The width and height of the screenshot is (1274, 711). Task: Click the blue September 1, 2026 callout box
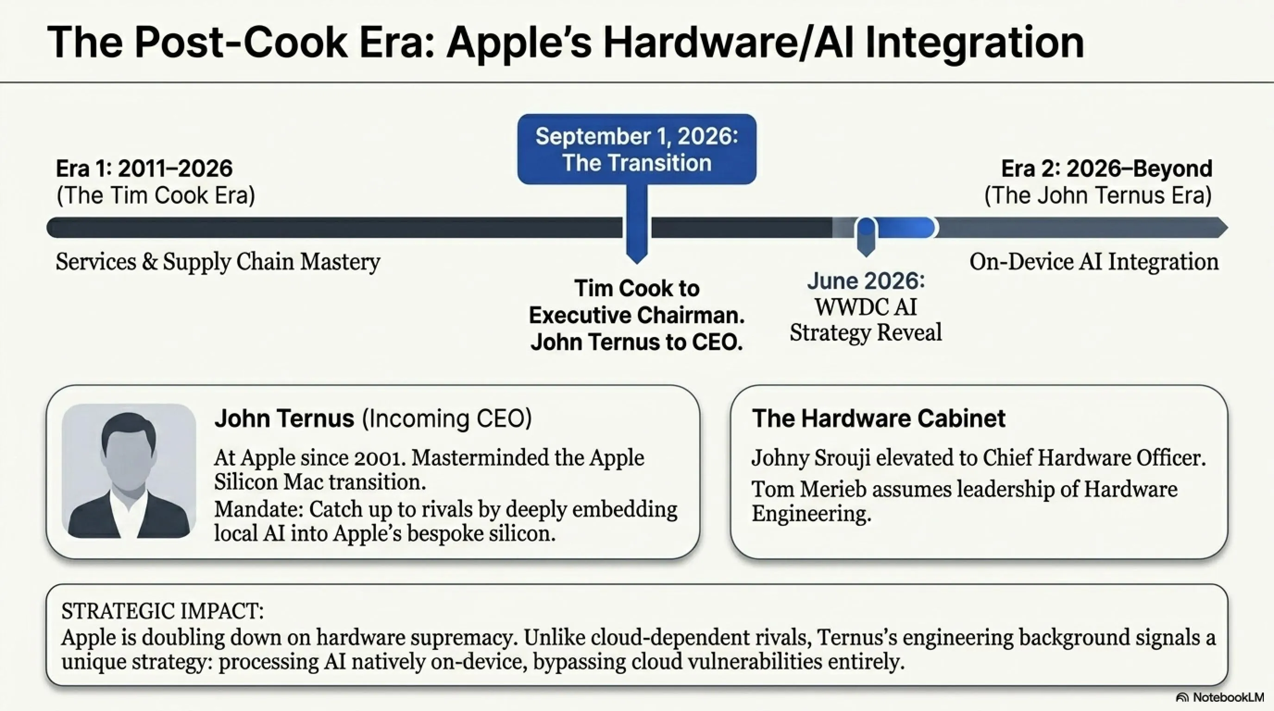637,150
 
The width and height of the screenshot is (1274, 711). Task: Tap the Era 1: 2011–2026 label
144,168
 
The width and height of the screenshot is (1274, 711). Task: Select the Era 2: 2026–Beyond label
1107,168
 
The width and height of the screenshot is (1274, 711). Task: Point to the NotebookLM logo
1219,697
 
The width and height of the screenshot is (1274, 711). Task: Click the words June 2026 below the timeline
866,281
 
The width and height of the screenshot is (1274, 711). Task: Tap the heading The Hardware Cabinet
878,418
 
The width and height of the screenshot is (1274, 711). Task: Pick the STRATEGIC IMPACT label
162,611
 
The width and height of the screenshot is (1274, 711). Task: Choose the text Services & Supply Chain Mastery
218,262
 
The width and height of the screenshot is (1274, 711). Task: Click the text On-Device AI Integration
1093,262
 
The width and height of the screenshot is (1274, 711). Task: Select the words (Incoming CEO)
447,419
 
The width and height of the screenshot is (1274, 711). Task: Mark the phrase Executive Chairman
637,315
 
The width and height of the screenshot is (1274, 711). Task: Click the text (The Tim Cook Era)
156,195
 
